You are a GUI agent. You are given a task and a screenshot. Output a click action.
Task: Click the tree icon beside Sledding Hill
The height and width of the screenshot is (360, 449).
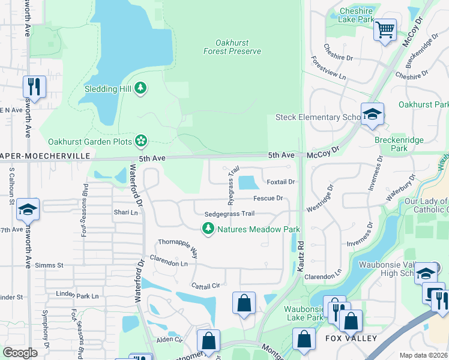click(x=140, y=89)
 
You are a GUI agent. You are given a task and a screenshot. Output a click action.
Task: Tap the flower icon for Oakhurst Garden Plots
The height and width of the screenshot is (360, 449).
click(x=141, y=142)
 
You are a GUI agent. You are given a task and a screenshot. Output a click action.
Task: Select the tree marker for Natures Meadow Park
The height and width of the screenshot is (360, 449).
click(x=208, y=229)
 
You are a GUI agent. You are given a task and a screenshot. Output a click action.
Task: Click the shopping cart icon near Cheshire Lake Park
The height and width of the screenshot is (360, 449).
click(x=384, y=28)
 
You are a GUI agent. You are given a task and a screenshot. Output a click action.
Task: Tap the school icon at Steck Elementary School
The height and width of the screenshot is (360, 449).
click(x=372, y=115)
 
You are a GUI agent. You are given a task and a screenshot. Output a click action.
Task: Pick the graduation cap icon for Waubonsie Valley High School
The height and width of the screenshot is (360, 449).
click(x=426, y=273)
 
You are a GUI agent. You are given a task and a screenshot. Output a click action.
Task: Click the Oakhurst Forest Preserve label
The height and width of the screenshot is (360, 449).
click(x=238, y=47)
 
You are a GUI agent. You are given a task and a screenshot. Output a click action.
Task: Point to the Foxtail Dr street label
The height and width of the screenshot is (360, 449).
click(x=281, y=182)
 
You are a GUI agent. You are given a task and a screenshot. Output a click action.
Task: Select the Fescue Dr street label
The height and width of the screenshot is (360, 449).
click(x=268, y=198)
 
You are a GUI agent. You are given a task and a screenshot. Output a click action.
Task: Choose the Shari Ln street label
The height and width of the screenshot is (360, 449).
click(x=126, y=212)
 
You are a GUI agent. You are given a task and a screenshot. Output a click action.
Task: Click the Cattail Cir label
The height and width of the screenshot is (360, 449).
click(x=206, y=286)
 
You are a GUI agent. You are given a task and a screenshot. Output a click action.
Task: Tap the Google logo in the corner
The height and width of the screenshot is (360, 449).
click(x=20, y=353)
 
